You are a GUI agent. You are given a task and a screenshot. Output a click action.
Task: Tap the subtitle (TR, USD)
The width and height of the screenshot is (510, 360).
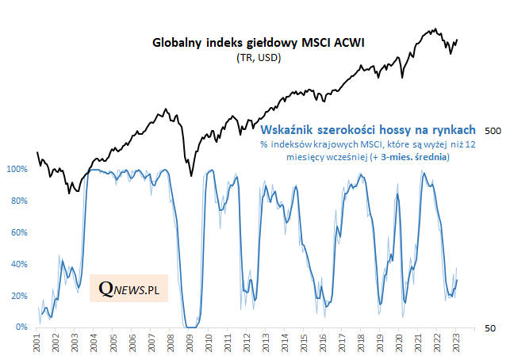coord(259,58)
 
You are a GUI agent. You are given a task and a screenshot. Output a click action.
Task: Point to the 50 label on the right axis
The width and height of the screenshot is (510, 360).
coord(489,327)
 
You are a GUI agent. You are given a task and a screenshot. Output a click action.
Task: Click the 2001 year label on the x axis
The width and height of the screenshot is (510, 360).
coord(38,343)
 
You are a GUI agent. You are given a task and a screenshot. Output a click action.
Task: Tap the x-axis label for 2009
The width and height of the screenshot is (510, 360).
coord(190,343)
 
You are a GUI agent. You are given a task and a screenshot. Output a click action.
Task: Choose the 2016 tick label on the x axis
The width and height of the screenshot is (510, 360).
coord(323,343)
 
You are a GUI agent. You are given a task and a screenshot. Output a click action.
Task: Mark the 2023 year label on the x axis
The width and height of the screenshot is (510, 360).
coord(456,343)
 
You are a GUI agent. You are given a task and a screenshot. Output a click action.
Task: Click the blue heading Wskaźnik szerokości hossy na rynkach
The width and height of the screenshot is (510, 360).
coord(368,129)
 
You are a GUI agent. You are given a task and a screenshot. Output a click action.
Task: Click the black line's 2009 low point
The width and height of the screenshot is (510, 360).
coord(190,176)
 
